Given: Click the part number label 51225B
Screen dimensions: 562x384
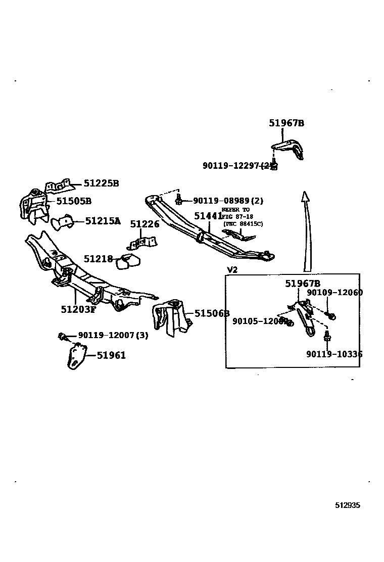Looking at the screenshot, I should point(101,183).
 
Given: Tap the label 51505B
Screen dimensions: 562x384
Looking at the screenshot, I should point(74,201).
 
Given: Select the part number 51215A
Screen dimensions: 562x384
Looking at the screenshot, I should point(103,221).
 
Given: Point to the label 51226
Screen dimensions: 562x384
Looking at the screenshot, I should point(145,224).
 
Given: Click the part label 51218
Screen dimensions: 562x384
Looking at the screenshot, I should point(98,259).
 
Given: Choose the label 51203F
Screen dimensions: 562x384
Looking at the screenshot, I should point(78,309).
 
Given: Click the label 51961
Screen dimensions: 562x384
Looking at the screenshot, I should point(111,355).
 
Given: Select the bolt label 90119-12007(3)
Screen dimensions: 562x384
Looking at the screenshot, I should point(113,336).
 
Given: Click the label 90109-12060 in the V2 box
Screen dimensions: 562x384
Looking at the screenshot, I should point(334,293).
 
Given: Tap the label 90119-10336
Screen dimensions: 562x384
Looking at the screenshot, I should point(334,354).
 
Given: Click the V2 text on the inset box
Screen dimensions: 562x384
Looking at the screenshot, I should point(232,269).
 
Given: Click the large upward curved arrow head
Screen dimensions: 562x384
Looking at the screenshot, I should point(305,196).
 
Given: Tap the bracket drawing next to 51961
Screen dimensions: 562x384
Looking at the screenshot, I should point(76,356).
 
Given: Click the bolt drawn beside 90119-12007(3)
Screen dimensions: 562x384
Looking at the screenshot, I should point(63,336).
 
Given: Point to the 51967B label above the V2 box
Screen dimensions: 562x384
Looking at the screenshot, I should point(286,123).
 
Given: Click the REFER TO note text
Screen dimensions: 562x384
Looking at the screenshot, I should point(235,210).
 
